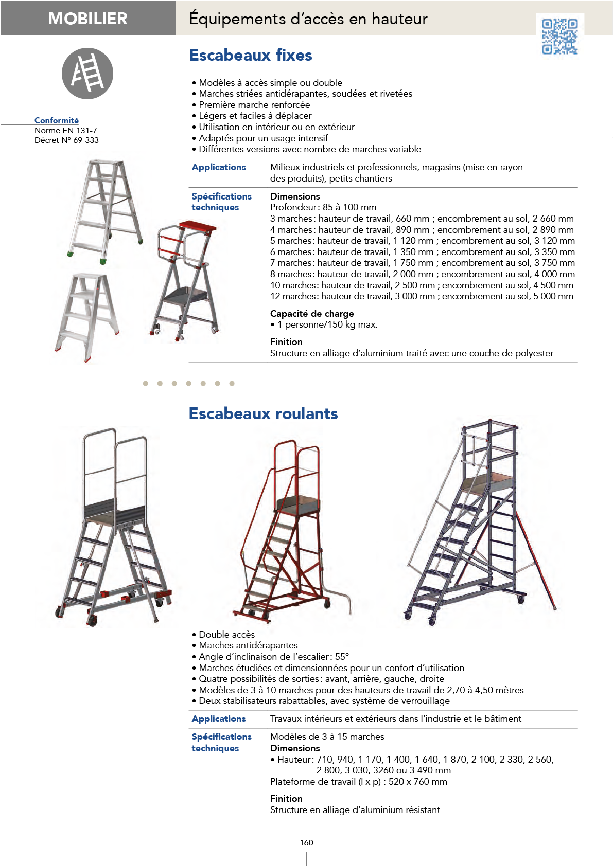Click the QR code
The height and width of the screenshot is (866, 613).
pyautogui.click(x=559, y=37)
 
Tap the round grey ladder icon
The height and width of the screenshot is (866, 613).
pyautogui.click(x=87, y=74)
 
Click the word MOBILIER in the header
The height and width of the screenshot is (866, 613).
pyautogui.click(x=88, y=19)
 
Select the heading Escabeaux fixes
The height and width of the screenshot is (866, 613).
pyautogui.click(x=250, y=56)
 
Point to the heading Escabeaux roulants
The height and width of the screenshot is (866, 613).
pyautogui.click(x=263, y=413)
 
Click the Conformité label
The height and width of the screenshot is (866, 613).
pyautogui.click(x=57, y=121)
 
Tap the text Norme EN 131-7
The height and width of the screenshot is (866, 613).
pyautogui.click(x=66, y=131)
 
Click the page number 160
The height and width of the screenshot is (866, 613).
pyautogui.click(x=307, y=842)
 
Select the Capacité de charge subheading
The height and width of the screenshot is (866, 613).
pyautogui.click(x=312, y=314)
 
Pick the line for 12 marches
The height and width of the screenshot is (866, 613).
pyautogui.click(x=422, y=297)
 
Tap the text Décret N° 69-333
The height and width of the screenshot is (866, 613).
pyautogui.click(x=66, y=140)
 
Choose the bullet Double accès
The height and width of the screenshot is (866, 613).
pyautogui.click(x=223, y=635)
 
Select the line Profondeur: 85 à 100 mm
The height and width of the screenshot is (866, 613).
pyautogui.click(x=323, y=207)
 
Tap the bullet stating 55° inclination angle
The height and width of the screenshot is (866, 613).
pyautogui.click(x=270, y=657)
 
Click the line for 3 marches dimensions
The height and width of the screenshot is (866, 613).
pyautogui.click(x=422, y=219)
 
